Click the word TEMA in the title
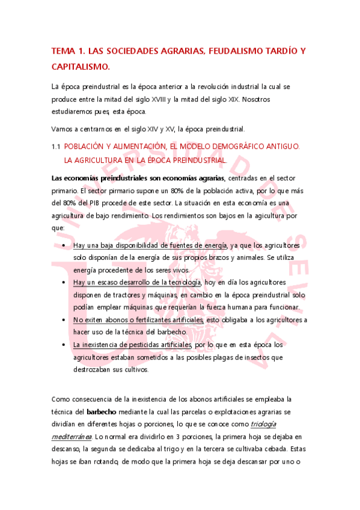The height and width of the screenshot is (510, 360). pos(66,52)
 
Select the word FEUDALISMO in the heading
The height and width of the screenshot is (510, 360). pos(233,52)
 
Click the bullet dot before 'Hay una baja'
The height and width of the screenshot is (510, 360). pos(64,245)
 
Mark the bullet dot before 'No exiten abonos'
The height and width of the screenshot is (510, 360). pos(64,321)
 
